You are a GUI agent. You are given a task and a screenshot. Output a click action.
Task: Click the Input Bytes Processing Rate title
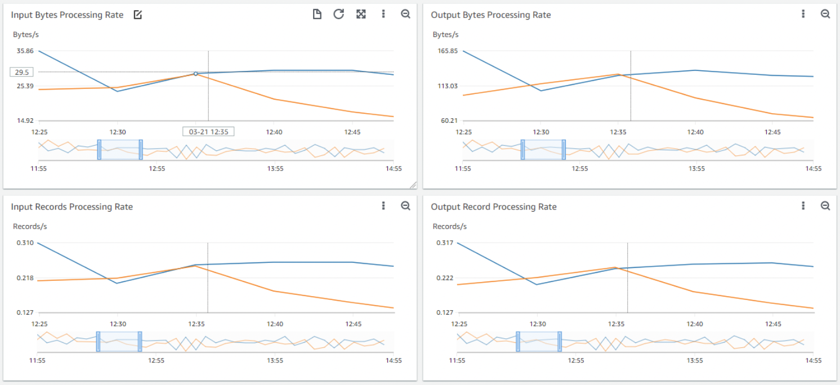click(x=67, y=15)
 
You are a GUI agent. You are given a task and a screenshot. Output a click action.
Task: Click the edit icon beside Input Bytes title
click(x=138, y=15)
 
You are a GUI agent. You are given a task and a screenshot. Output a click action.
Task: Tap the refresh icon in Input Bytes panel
click(x=338, y=14)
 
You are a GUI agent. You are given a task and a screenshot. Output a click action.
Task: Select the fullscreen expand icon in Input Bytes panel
click(x=361, y=14)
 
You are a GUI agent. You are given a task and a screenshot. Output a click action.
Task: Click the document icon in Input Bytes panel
click(x=317, y=14)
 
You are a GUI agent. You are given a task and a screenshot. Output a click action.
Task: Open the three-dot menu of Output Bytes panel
click(x=803, y=14)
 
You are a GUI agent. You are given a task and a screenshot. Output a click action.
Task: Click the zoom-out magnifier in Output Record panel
click(x=825, y=206)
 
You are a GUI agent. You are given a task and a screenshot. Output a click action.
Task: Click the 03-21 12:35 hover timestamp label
click(x=208, y=132)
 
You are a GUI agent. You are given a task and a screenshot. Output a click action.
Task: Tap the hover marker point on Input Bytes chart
click(x=195, y=74)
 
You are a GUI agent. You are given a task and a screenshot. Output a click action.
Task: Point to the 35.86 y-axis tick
click(x=25, y=51)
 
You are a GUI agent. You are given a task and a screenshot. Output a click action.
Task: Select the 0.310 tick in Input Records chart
click(x=25, y=243)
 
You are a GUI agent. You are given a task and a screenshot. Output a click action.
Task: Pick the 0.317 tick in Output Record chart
click(x=445, y=243)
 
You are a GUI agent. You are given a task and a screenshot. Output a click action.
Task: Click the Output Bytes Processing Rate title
click(x=490, y=15)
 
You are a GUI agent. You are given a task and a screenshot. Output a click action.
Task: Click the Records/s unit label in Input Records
click(x=30, y=226)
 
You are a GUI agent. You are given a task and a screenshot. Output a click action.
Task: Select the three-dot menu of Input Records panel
click(x=383, y=206)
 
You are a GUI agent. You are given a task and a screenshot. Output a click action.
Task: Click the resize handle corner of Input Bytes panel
click(x=413, y=185)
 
